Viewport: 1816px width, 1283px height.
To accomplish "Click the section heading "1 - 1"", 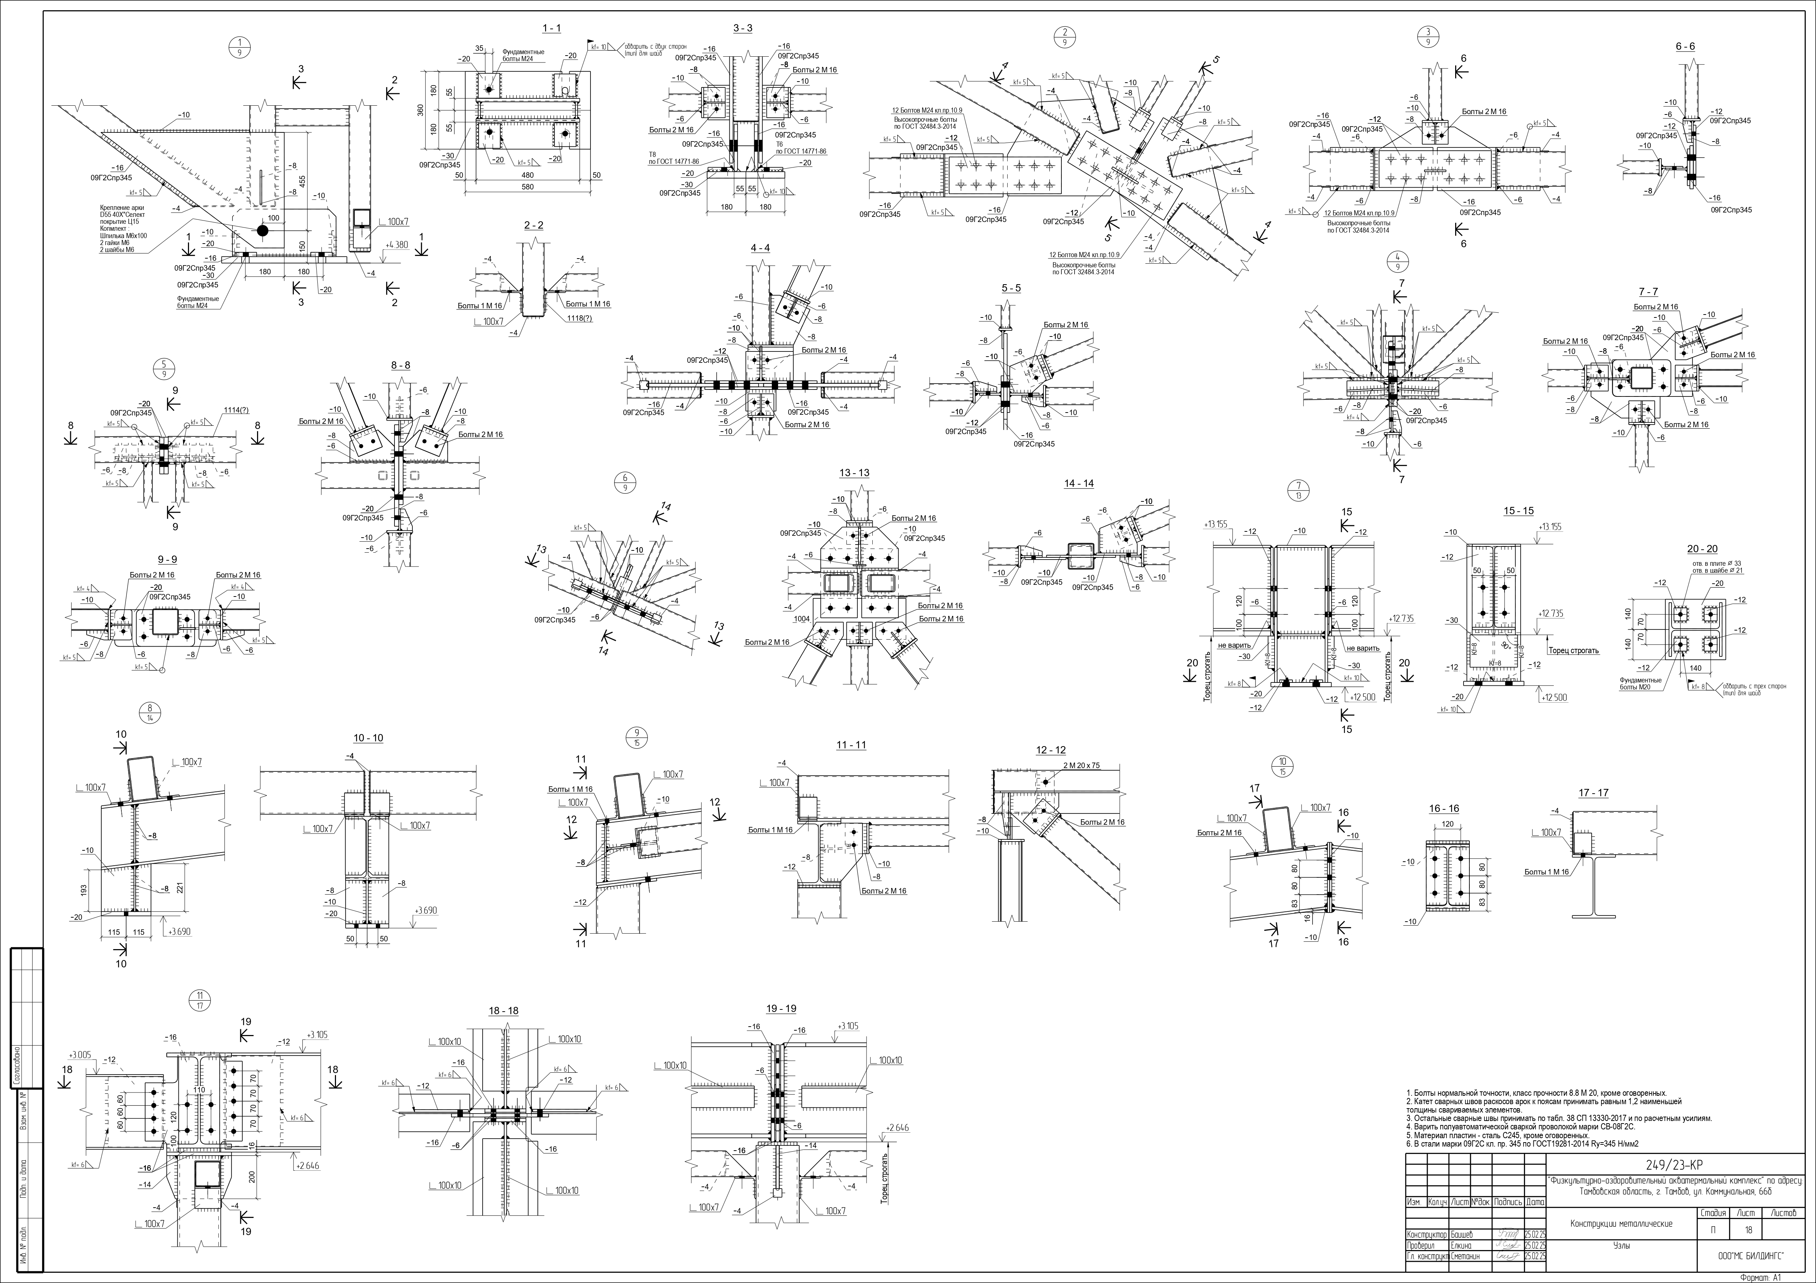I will tap(551, 29).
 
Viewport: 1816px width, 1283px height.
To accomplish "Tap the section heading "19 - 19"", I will tap(781, 1009).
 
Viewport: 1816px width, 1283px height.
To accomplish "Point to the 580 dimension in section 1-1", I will tap(528, 188).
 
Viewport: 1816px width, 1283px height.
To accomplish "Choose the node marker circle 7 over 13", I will tap(1298, 490).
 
